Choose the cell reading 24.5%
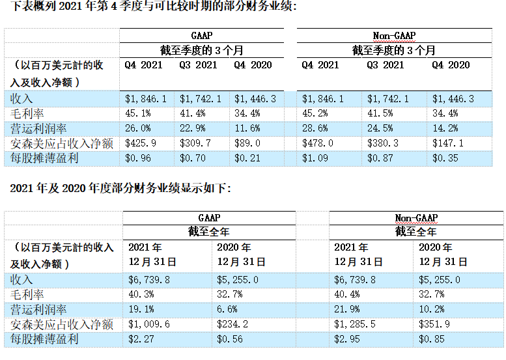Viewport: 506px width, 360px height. [380, 128]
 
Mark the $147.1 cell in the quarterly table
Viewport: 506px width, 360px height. [447, 143]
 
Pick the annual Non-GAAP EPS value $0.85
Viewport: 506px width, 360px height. [430, 339]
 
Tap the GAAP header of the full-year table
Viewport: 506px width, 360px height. [209, 217]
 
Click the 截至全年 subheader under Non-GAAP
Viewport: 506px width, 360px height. [416, 232]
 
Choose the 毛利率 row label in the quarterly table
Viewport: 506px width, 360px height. [23, 113]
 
